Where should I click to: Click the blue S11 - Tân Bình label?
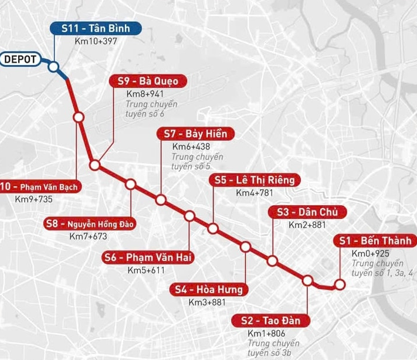tap(94, 29)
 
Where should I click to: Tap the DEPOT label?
tap(20, 59)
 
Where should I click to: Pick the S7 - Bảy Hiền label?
tap(195, 134)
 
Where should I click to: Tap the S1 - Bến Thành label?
tap(375, 241)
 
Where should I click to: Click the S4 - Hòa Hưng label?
tap(209, 290)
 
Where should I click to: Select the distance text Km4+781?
tap(255, 193)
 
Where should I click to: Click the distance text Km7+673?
tap(89, 236)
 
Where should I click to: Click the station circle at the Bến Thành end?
tap(339, 285)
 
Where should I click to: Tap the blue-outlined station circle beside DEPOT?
tap(53, 67)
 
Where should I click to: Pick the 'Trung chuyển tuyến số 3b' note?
tap(273, 347)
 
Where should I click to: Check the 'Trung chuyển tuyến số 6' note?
tap(151, 108)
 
